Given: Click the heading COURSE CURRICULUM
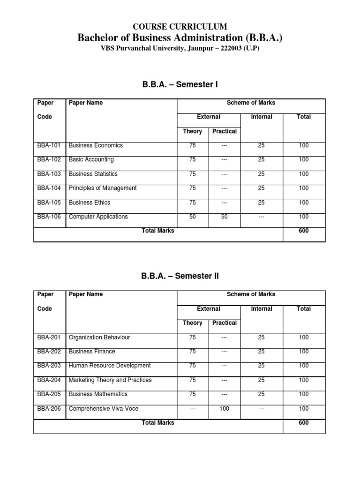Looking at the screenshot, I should pos(180,27).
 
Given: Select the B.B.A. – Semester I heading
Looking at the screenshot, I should pos(180,85).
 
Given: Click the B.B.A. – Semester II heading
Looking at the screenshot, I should pos(180,277).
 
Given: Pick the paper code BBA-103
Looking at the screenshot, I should pos(49,174).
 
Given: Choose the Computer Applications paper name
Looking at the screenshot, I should pos(98,217).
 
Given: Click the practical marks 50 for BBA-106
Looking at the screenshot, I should pos(224,217).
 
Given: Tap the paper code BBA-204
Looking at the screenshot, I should pos(49,380).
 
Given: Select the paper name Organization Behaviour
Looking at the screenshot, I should pos(99,337).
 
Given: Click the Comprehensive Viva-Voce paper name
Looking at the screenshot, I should pos(104,408).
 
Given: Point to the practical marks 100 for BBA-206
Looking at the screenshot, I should pos(224,408).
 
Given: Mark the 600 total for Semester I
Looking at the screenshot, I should pos(304,231).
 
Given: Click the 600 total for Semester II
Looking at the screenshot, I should pos(304,422).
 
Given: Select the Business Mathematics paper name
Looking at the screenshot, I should pos(98,394).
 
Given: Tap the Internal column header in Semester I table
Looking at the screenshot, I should pos(262,117).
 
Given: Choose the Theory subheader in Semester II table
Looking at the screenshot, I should pos(193,322).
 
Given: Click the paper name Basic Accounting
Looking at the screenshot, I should pos(91,159).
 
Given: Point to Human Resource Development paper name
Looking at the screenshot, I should pos(110,366).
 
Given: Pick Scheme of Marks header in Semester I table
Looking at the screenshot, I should pos(251,103).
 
